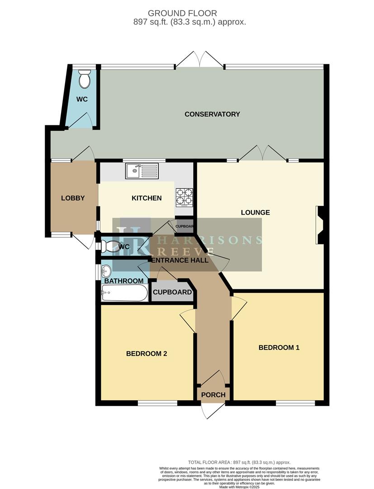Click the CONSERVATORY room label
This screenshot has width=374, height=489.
[212, 114]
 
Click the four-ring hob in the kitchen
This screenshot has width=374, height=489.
[184, 197]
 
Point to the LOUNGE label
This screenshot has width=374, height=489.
[256, 212]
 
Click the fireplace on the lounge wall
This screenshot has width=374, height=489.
[320, 225]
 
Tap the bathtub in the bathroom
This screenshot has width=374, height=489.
[124, 293]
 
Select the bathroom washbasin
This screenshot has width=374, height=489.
[106, 271]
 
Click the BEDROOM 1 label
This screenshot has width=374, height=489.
[279, 348]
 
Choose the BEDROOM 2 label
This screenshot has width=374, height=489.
[147, 354]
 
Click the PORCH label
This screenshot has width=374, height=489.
[213, 395]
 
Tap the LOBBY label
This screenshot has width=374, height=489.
[73, 198]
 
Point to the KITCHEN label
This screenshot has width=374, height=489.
[147, 198]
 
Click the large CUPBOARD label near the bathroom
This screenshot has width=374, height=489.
[172, 292]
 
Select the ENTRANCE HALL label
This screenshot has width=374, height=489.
[180, 260]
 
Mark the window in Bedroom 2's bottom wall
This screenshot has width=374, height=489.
[151, 403]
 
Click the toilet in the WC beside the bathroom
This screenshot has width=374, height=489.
[110, 247]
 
